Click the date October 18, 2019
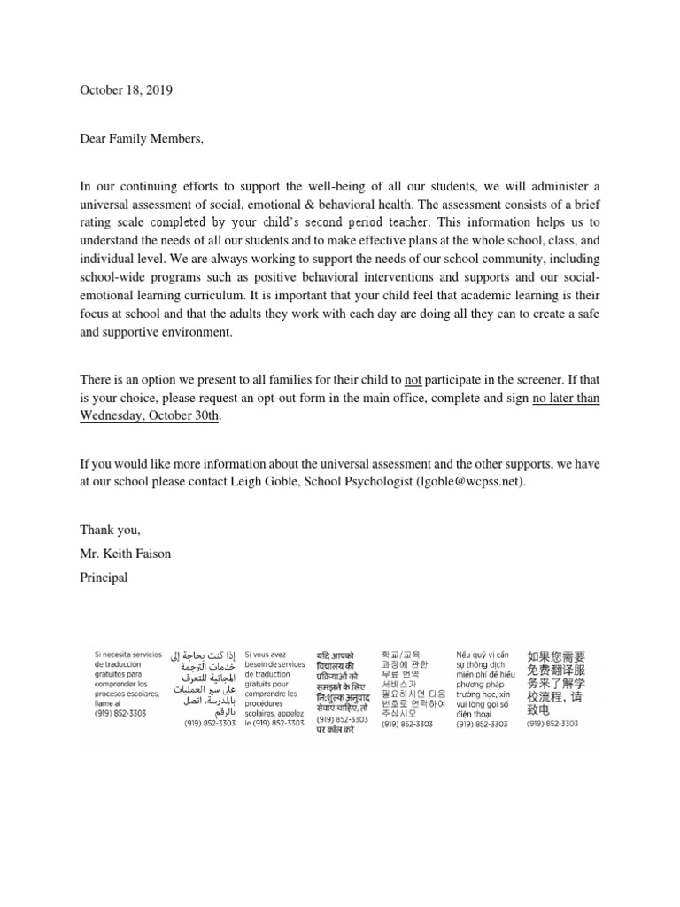coord(127,90)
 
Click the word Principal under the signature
coord(104,578)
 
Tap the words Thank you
coord(111,530)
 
